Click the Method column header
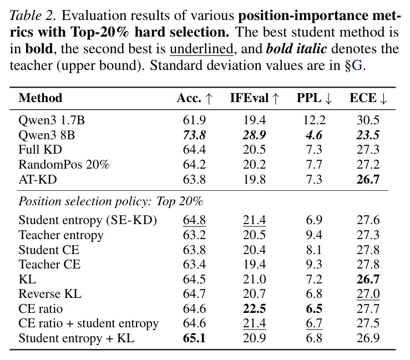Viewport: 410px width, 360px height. coord(41,98)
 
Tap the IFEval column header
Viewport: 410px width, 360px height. coord(255,98)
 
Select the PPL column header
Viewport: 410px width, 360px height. coord(315,98)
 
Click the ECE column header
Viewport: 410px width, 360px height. coord(368,98)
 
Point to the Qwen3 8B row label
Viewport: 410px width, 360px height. coord(47,135)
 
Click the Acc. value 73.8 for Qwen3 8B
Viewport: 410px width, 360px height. coord(194,135)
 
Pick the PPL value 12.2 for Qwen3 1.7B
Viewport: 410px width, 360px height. coord(315,120)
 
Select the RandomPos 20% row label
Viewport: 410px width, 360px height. coord(64,165)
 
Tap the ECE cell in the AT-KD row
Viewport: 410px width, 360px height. coord(368,180)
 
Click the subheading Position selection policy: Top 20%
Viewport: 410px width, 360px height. coord(110,201)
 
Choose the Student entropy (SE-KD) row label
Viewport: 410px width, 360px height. coord(88,220)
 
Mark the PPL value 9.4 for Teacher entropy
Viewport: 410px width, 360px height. coord(314,235)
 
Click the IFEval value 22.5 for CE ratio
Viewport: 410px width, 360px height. coord(255,309)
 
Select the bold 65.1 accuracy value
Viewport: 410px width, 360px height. coord(194,338)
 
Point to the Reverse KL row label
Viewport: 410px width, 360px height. coord(50,294)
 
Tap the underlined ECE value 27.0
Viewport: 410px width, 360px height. coord(368,294)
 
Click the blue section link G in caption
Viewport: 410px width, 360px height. coord(357,65)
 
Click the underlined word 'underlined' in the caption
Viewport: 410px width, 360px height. coord(201,49)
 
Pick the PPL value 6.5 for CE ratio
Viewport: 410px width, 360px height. coord(314,309)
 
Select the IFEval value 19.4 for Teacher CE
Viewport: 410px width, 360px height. coord(255,264)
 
